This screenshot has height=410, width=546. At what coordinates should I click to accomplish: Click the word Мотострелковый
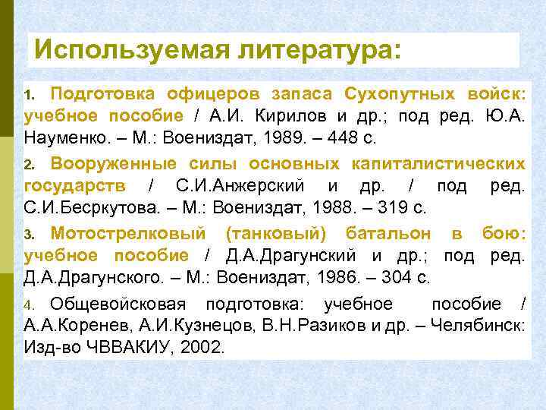coord(127,234)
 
